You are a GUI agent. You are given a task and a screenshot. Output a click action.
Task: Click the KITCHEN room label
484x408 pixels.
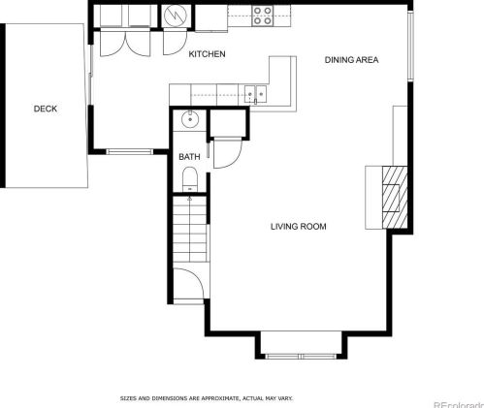click(x=207, y=54)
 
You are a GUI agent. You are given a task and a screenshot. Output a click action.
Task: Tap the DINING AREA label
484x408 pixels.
click(x=350, y=60)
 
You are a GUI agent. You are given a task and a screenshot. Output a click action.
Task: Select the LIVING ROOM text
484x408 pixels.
click(x=298, y=227)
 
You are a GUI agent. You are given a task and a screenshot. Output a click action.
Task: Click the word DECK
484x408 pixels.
click(x=45, y=109)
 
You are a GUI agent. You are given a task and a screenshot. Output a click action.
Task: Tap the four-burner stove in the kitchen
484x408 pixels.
click(x=263, y=15)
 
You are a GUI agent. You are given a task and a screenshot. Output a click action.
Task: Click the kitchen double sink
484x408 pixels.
click(x=254, y=93)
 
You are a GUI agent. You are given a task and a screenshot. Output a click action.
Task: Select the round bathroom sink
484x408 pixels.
click(x=189, y=120)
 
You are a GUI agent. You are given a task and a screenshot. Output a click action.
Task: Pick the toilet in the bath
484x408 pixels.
click(x=189, y=177)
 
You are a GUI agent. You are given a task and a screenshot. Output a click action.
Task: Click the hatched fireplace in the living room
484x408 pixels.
click(x=392, y=195)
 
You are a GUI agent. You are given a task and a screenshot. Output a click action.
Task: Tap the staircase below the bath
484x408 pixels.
click(x=190, y=227)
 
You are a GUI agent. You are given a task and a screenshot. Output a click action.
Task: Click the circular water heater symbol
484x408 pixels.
click(x=175, y=16)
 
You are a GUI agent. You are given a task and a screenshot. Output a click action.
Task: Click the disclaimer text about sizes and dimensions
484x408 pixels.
click(x=206, y=397)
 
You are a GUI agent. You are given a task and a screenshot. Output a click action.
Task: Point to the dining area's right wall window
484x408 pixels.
click(x=411, y=48)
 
